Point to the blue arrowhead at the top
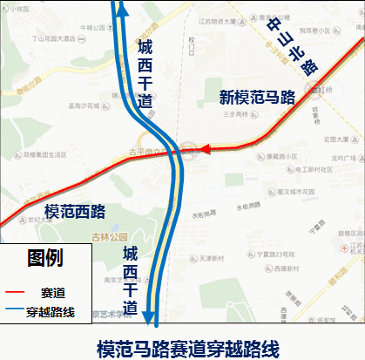coord(120,9)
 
